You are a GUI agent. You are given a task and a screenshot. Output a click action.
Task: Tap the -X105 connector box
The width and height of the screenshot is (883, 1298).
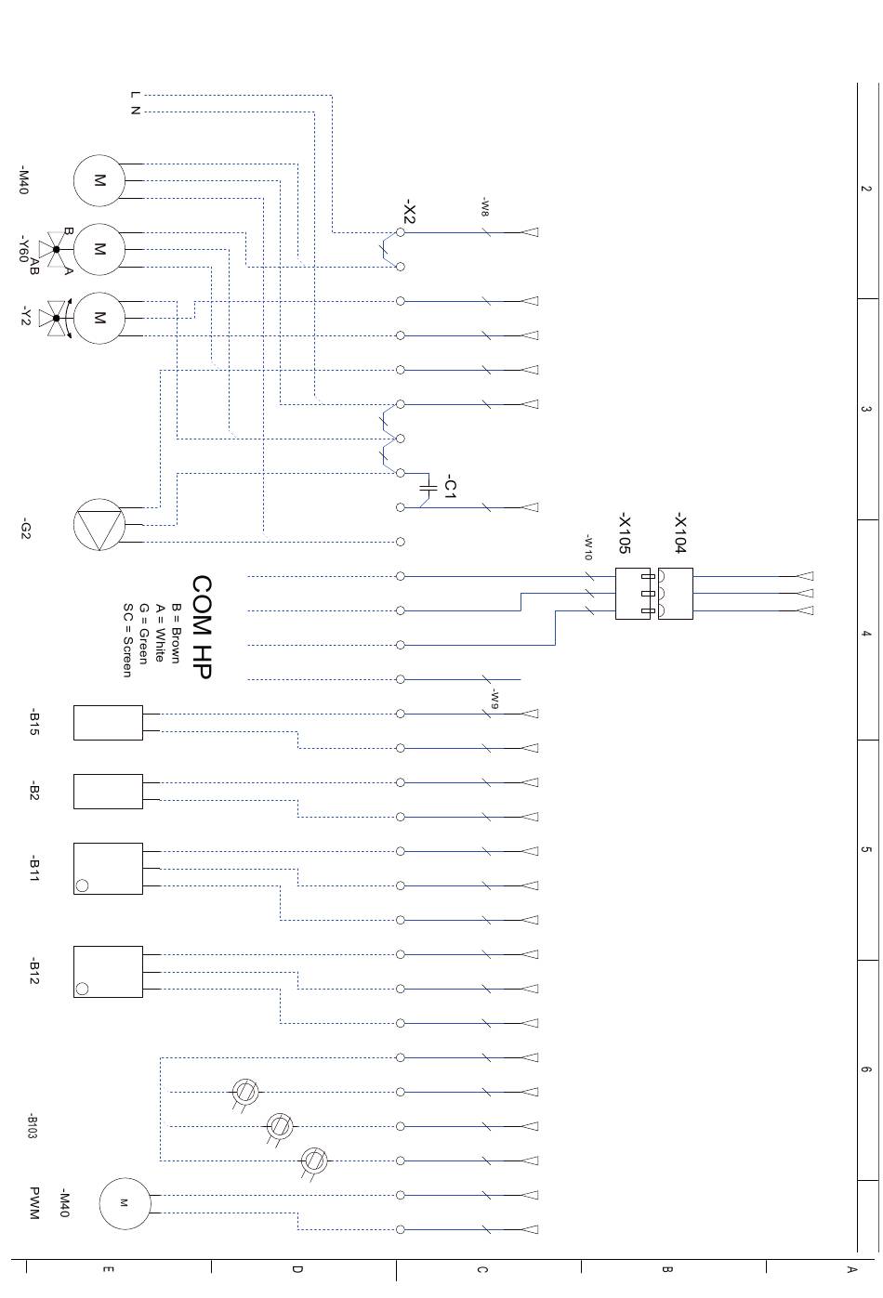click(x=633, y=594)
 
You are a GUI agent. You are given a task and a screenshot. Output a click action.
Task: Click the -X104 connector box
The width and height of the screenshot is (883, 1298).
click(x=676, y=594)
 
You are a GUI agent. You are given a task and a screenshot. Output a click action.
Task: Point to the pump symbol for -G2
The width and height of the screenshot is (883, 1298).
click(x=99, y=524)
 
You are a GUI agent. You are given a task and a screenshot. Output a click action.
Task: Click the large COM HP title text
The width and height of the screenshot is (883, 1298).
click(x=202, y=626)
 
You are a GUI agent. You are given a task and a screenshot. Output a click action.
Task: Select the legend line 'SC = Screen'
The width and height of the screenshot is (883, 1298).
click(x=127, y=640)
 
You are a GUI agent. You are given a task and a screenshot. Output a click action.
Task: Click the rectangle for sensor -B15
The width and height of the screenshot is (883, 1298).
click(x=108, y=723)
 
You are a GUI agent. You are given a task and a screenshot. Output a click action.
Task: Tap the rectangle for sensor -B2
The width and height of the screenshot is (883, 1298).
click(x=108, y=792)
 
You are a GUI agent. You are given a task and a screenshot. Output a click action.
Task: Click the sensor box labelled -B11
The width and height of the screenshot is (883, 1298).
click(x=108, y=869)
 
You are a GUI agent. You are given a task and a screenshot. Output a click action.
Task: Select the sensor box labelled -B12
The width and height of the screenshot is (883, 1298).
click(x=108, y=972)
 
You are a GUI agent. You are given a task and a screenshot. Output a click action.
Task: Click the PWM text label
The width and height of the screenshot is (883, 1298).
click(x=34, y=1203)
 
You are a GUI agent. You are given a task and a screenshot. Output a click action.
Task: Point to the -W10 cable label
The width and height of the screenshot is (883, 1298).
click(x=588, y=547)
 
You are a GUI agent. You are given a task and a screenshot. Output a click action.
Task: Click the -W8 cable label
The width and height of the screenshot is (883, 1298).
click(x=485, y=207)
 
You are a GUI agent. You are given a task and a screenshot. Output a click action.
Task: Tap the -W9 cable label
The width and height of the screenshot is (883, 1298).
click(x=494, y=699)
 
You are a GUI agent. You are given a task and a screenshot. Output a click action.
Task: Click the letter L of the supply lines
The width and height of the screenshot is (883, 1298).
click(x=135, y=94)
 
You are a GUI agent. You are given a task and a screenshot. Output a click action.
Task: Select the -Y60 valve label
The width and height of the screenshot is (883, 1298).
click(x=23, y=248)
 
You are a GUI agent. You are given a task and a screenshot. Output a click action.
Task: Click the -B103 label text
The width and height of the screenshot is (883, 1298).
click(x=33, y=1126)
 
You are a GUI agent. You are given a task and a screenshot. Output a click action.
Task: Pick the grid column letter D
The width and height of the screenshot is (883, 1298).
click(x=297, y=1269)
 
